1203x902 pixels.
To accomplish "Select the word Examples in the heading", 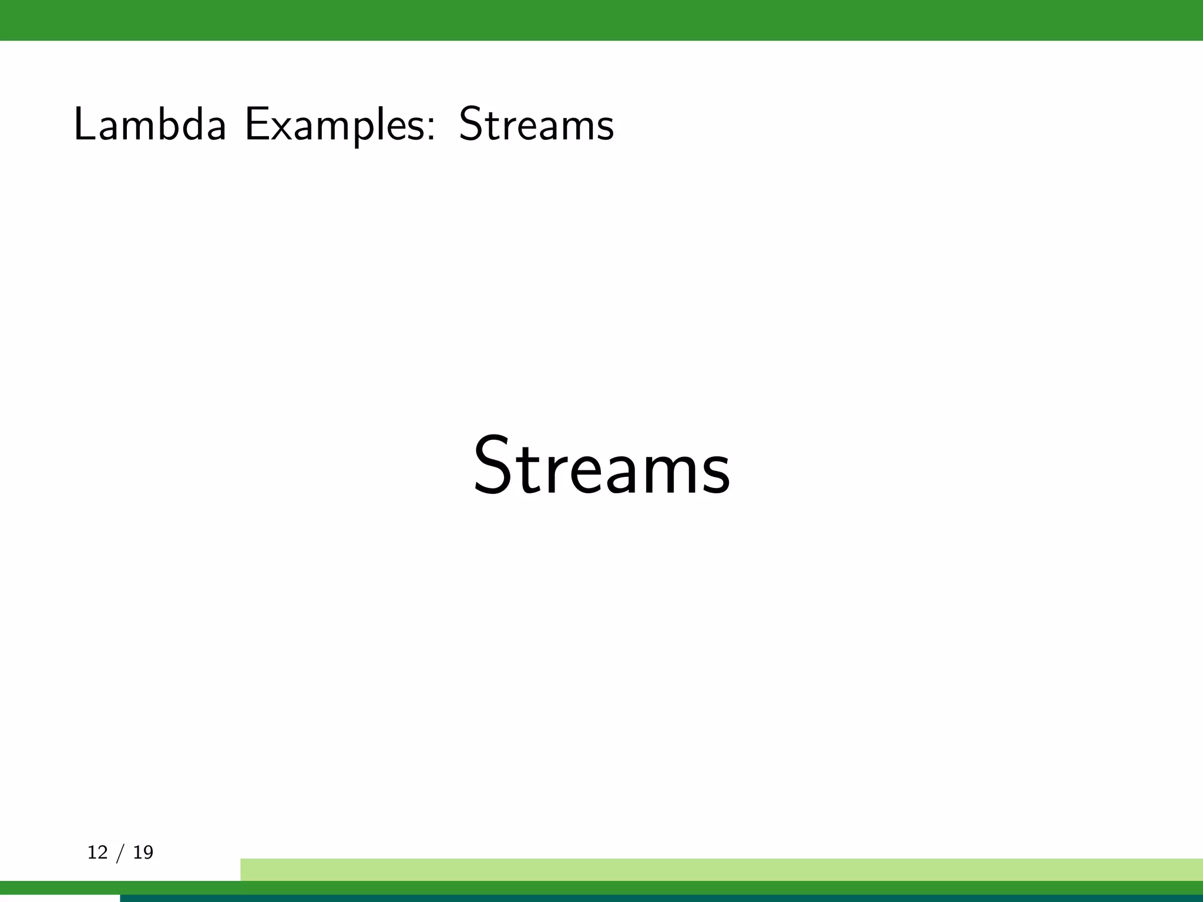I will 336,125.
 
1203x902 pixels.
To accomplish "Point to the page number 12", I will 98,852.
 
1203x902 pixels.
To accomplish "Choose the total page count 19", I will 143,852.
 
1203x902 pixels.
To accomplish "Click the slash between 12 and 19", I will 120,853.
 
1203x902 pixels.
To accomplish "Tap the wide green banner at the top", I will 601,20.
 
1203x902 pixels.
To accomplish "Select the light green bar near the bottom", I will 721,869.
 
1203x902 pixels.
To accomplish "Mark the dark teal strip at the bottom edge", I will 661,898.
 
